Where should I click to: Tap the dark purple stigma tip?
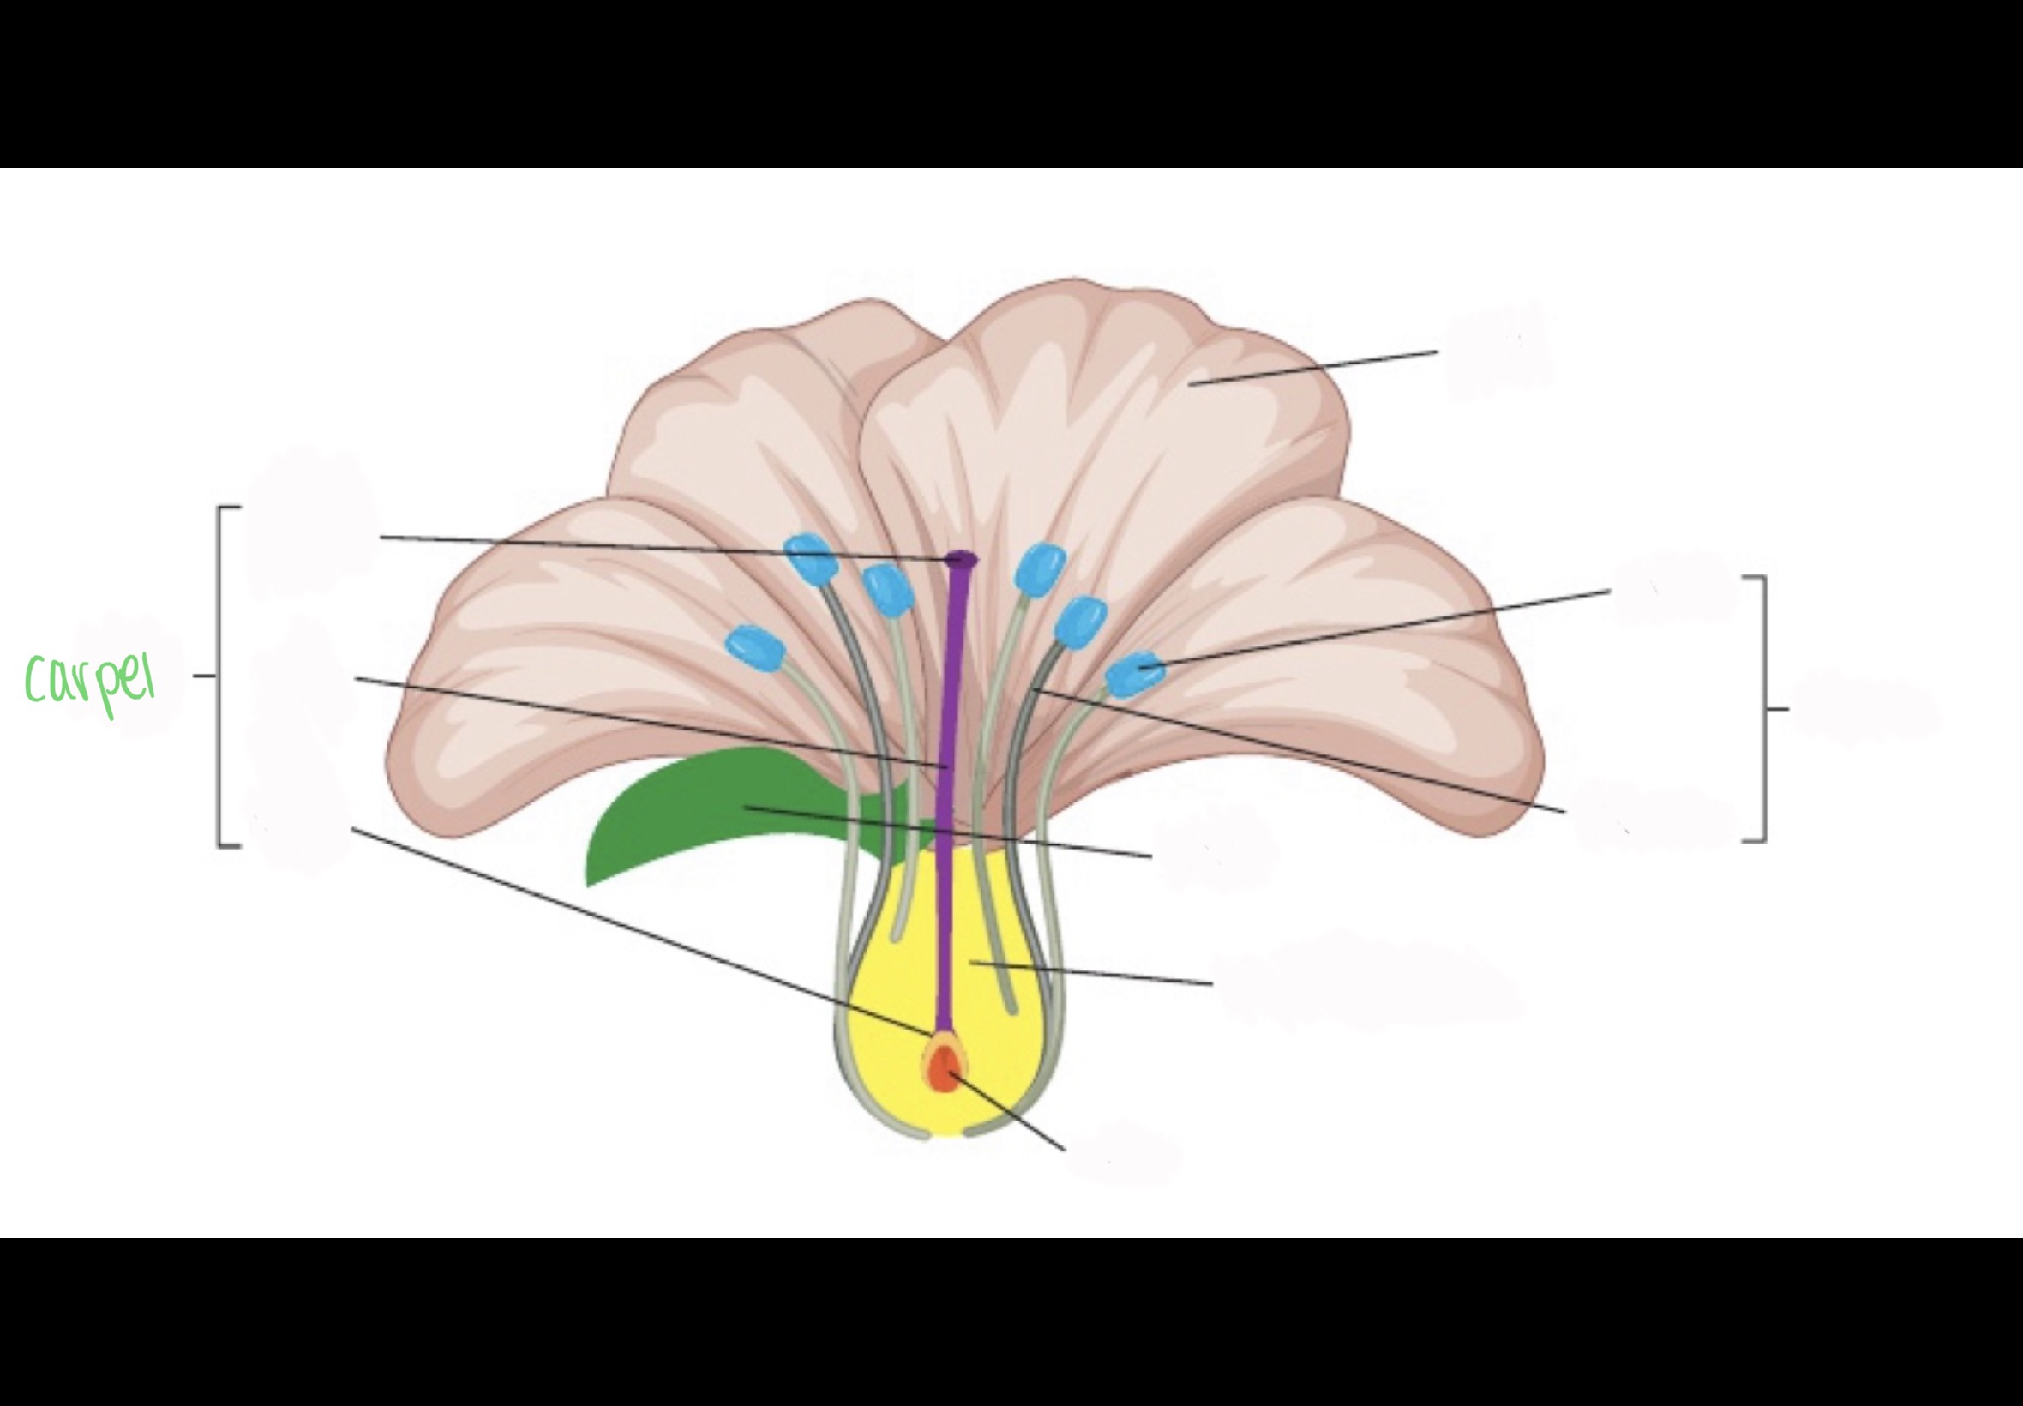coord(961,558)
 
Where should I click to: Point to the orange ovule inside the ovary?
coord(943,1069)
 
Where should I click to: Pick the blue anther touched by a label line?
coord(1135,674)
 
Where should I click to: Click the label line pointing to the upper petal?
coord(1312,369)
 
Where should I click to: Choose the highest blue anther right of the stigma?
coord(1040,568)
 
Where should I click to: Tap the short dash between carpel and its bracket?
coord(203,676)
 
